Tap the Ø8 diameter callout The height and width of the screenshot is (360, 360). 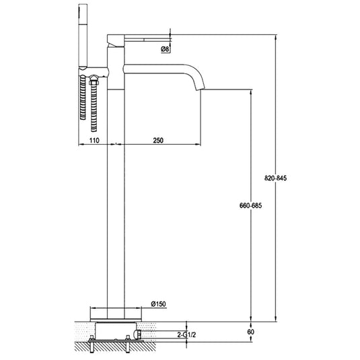(165, 49)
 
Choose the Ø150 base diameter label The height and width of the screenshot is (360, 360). (159, 304)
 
